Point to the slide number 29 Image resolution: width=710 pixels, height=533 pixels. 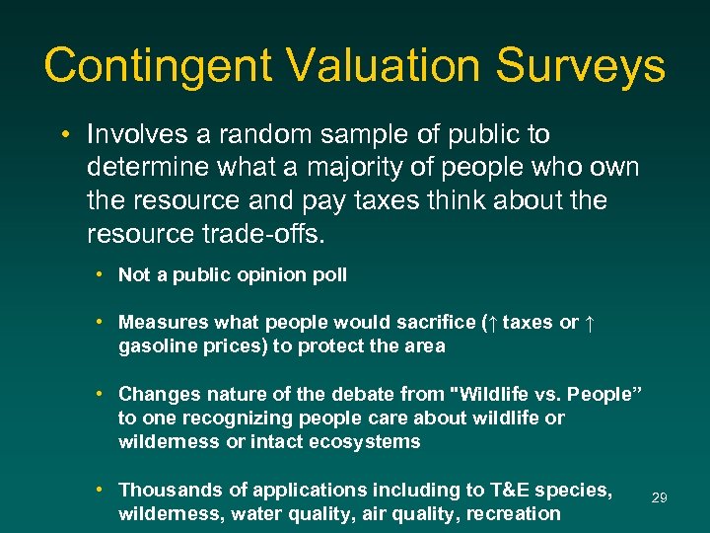pos(660,498)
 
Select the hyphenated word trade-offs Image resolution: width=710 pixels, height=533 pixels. pos(267,234)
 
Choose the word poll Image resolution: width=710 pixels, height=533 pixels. pos(328,275)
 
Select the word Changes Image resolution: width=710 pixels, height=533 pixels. pos(157,394)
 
